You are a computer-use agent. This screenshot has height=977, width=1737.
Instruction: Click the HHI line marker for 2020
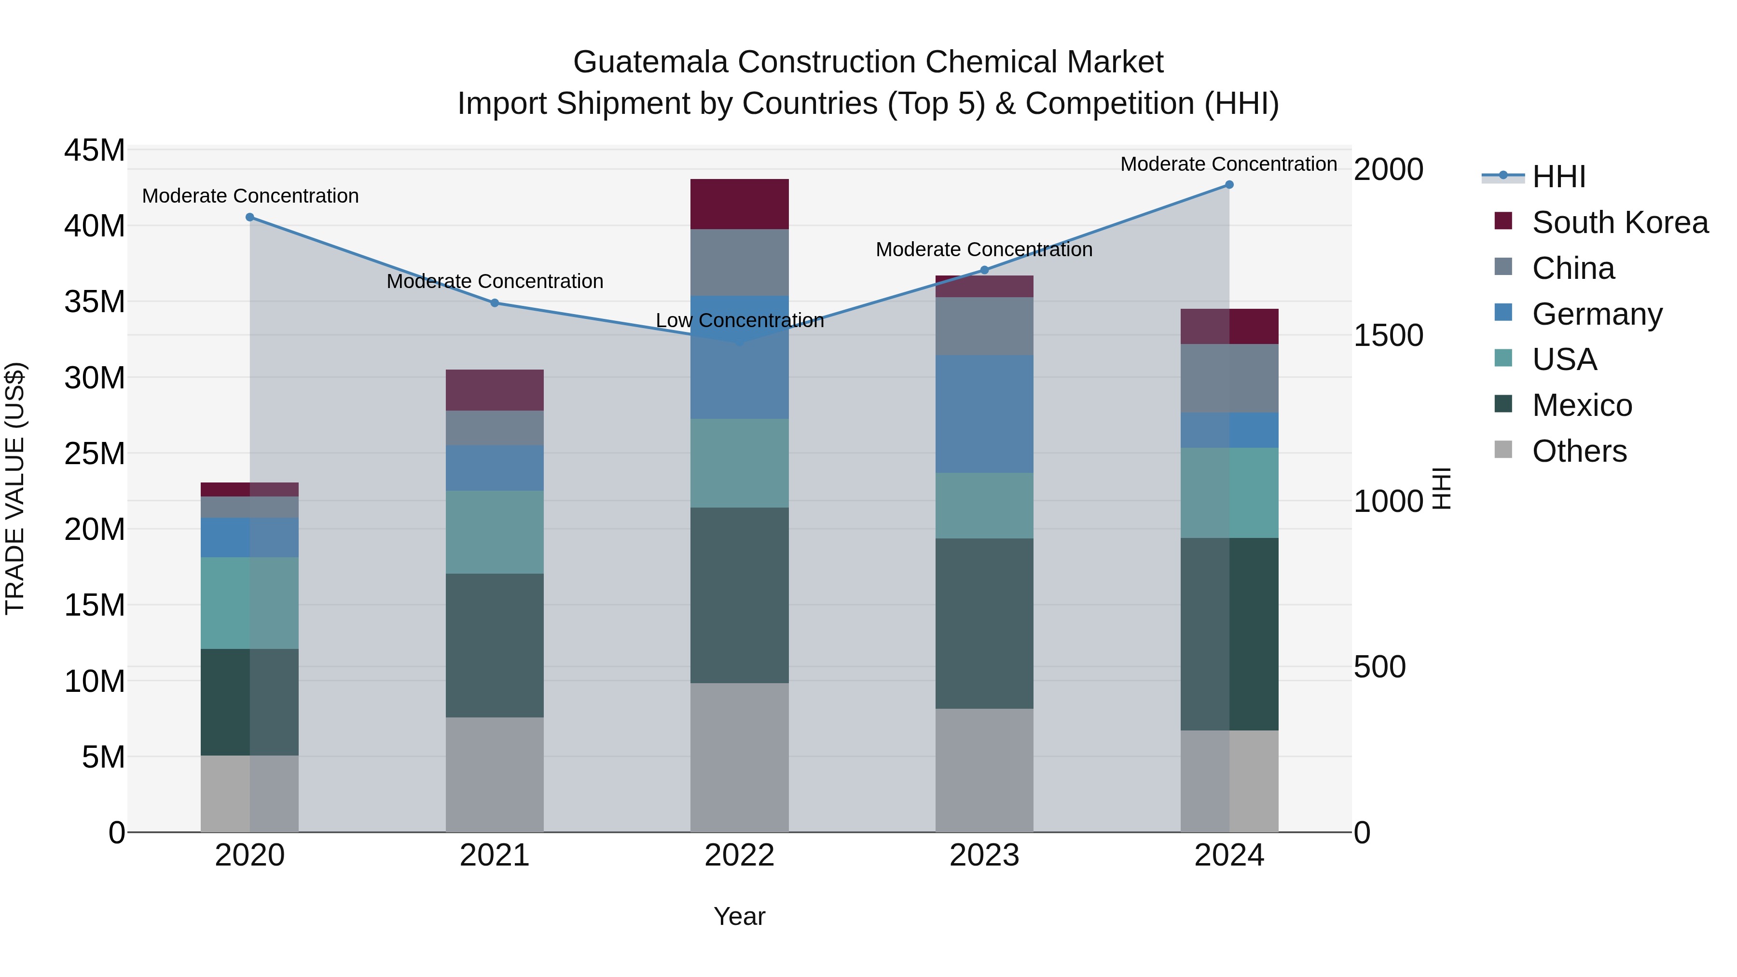tap(249, 217)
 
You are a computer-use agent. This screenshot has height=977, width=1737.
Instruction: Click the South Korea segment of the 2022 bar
tap(739, 204)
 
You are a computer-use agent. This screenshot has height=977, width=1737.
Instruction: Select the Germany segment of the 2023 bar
tap(984, 414)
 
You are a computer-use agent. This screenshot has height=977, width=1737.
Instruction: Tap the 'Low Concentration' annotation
tap(739, 320)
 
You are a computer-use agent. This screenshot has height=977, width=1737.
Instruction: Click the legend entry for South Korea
tap(1618, 222)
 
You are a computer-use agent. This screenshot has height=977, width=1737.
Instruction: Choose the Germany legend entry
tap(1596, 314)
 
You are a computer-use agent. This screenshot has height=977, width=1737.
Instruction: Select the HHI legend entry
tap(1558, 177)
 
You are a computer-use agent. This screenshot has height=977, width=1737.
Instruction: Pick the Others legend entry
tap(1578, 451)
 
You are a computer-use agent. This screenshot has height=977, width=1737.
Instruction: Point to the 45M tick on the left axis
tap(95, 151)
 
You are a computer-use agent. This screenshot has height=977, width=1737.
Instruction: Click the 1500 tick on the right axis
tap(1388, 335)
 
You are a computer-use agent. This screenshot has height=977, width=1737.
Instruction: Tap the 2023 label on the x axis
tap(984, 855)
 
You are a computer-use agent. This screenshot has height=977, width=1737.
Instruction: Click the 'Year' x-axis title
tap(739, 916)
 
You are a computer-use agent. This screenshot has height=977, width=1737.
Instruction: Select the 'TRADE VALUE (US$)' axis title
tap(15, 488)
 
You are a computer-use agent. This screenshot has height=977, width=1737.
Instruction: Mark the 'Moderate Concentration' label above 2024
tap(1228, 164)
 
